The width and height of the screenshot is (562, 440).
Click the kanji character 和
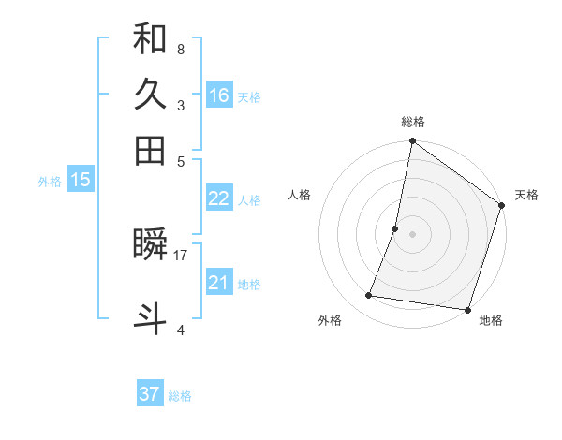[x=151, y=40]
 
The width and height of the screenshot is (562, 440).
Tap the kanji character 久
[x=151, y=95]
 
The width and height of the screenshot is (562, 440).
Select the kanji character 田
[x=151, y=150]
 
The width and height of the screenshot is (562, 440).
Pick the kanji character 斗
[x=151, y=317]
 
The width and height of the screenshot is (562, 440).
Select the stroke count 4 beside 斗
[x=180, y=330]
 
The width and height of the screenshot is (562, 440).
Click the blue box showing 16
[x=219, y=95]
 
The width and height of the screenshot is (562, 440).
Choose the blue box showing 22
[x=219, y=198]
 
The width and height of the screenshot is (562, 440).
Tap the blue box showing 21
[x=219, y=282]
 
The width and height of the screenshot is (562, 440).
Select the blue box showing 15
[x=81, y=180]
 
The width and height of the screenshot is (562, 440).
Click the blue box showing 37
[x=150, y=394]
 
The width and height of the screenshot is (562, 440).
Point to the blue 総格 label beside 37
[x=180, y=396]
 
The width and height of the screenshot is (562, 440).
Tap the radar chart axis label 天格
[x=526, y=196]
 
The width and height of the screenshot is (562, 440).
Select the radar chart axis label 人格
[x=300, y=196]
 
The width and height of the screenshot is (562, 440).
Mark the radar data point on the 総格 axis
[x=412, y=142]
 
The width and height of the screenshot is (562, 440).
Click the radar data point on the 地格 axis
[x=466, y=309]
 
